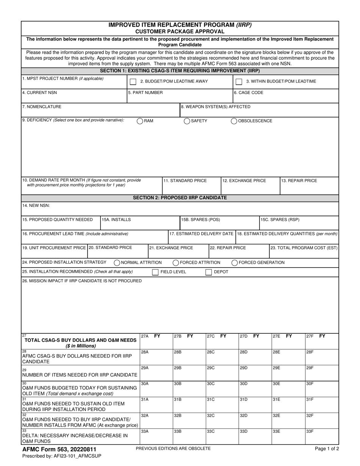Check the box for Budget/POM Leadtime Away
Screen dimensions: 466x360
point(133,82)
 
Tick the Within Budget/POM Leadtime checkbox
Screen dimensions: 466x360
point(239,82)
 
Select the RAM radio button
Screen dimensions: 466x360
point(140,121)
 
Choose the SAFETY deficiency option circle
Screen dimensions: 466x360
point(187,121)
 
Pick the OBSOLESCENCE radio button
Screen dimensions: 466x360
point(234,121)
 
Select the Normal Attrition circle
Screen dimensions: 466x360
point(117,263)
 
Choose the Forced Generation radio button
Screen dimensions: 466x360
point(235,263)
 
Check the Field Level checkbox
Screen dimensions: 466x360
point(155,272)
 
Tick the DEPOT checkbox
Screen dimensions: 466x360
point(209,272)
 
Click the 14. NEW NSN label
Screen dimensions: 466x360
point(36,206)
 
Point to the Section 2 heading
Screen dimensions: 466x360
point(180,198)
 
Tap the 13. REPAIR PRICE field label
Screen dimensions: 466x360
point(299,181)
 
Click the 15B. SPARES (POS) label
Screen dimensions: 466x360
point(200,220)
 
